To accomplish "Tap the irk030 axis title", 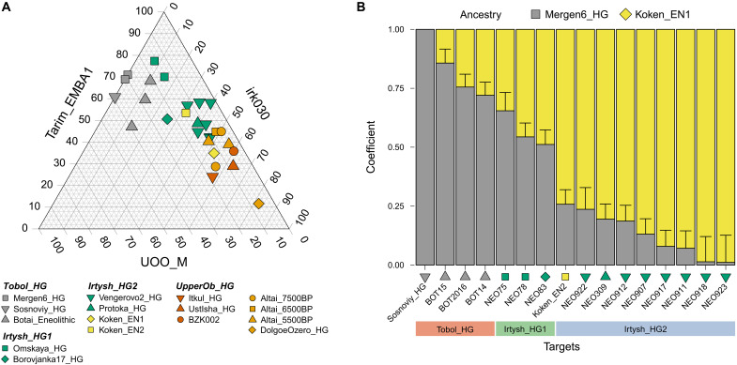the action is (256, 103).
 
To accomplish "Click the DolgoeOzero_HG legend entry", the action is (287, 330).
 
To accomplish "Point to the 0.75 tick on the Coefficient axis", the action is (401, 88).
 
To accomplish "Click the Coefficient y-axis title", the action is (373, 147).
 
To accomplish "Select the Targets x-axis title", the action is (575, 348).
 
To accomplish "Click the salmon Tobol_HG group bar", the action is (455, 328).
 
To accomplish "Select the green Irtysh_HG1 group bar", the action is (526, 328).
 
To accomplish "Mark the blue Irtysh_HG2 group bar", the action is (645, 328).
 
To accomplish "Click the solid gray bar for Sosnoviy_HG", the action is (425, 147).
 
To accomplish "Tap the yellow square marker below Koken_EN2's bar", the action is (565, 277).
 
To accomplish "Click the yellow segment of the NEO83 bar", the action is (545, 86).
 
